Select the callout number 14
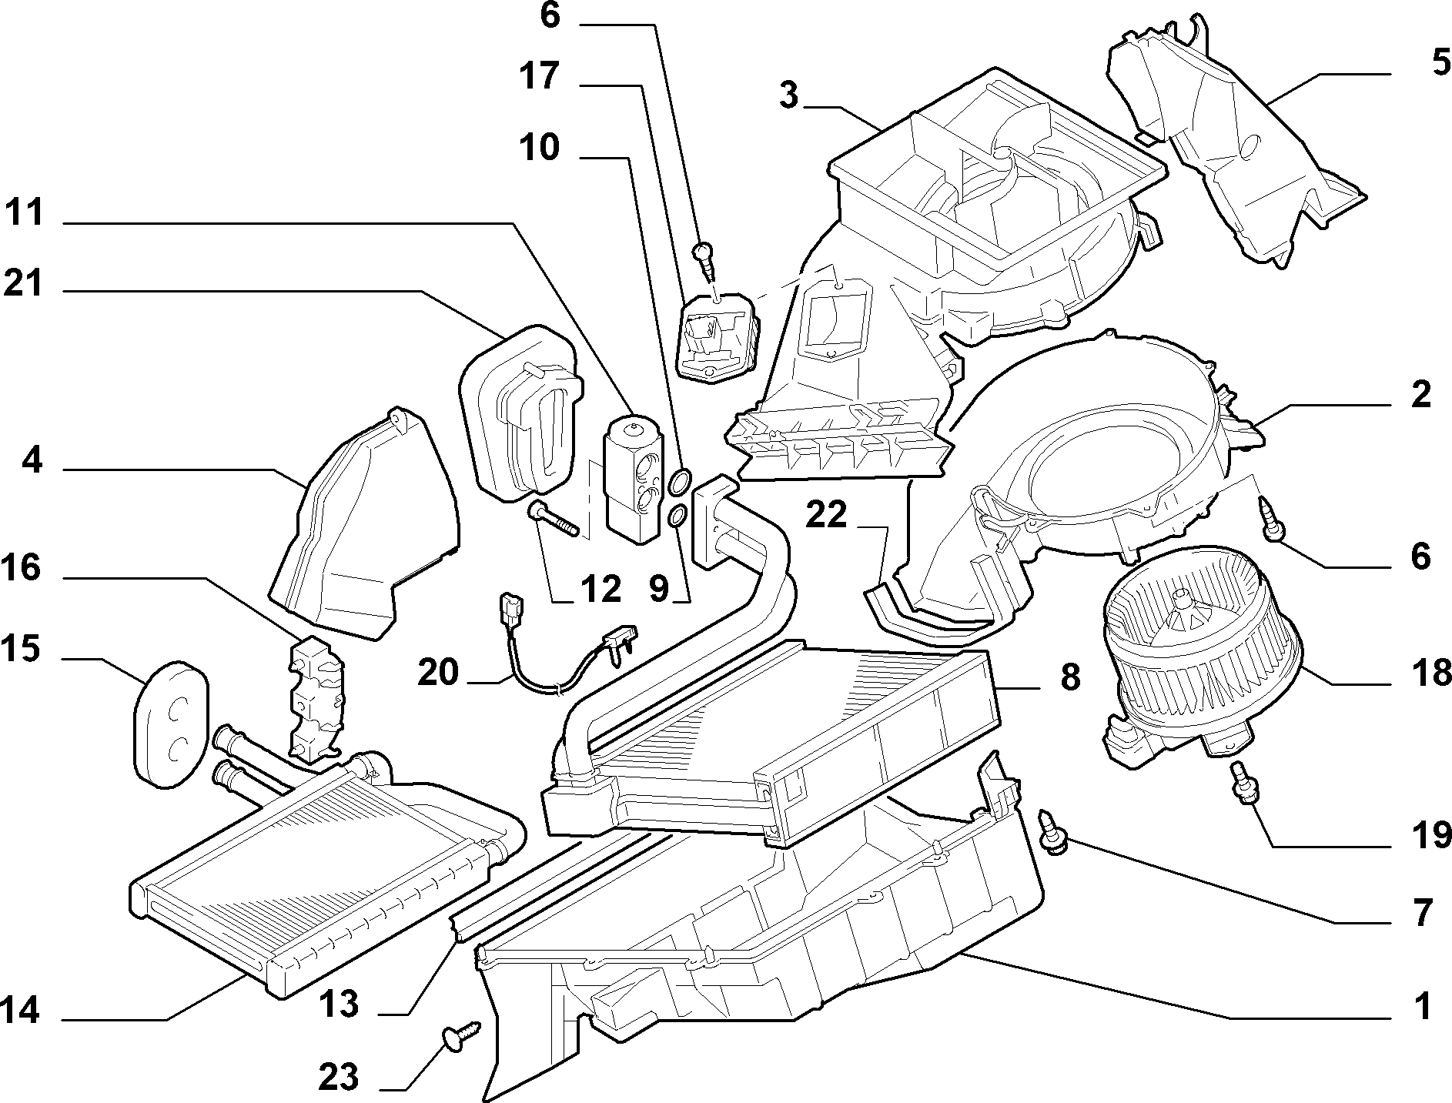click(20, 1010)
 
